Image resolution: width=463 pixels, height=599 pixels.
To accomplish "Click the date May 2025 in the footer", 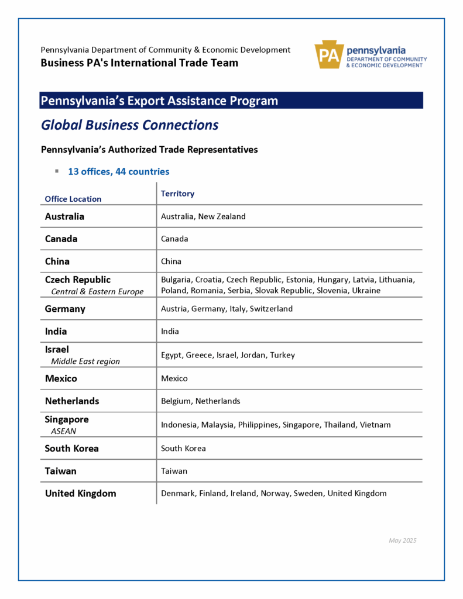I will [402, 541].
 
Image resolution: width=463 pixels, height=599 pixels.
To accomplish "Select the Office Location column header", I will [73, 199].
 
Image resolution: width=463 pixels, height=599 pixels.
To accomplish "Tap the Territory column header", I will [177, 194].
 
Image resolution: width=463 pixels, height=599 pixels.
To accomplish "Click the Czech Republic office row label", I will [78, 280].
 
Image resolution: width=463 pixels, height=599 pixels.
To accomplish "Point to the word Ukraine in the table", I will [366, 291].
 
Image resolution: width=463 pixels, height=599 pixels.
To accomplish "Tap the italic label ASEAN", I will [63, 431].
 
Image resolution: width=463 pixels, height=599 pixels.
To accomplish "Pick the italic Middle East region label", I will [85, 362].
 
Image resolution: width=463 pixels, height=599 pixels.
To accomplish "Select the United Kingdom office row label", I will [81, 494].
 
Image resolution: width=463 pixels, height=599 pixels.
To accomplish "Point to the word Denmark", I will [177, 494].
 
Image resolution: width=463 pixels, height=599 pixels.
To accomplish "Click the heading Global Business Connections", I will [129, 125].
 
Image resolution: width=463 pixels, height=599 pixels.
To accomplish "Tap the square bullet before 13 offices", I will [57, 171].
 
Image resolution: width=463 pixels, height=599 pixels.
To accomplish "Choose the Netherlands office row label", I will [72, 401].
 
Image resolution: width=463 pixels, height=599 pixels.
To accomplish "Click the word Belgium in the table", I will [176, 401].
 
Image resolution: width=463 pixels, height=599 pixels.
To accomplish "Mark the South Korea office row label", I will [72, 449].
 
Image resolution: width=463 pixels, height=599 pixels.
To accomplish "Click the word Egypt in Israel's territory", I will [171, 355].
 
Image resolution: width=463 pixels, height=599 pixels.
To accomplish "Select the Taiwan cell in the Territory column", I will [174, 471].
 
